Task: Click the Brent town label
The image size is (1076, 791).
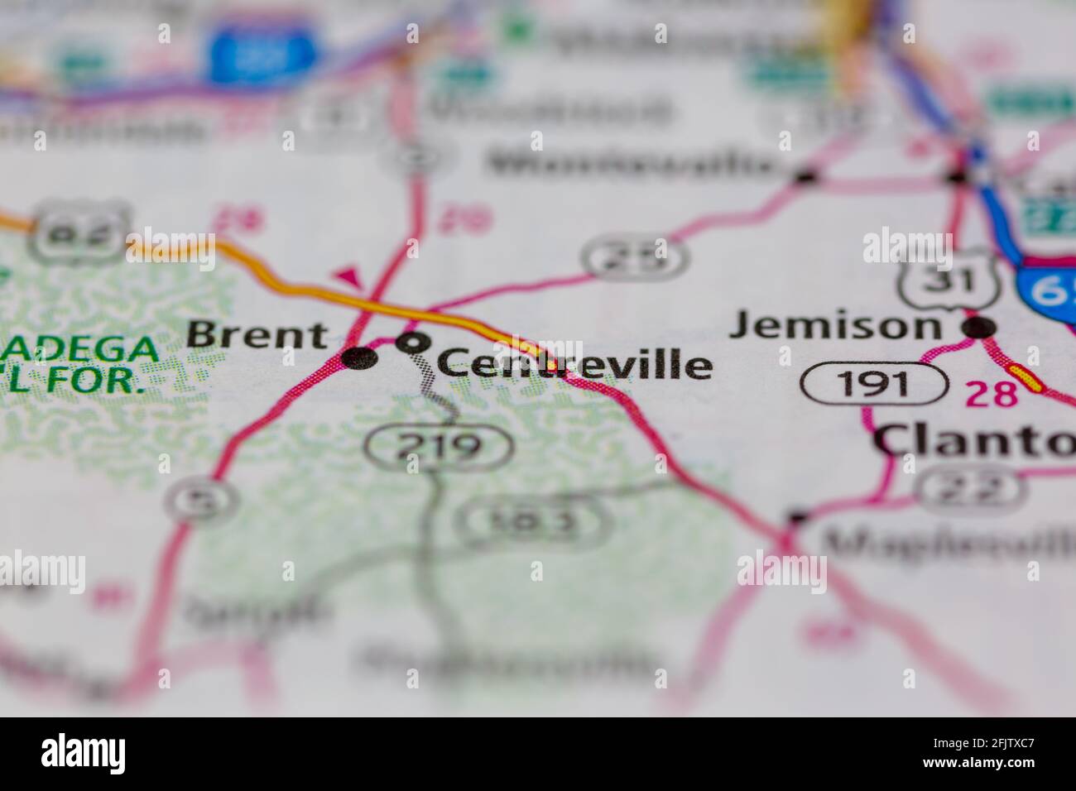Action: coord(257,335)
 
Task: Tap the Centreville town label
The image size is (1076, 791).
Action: coord(574,364)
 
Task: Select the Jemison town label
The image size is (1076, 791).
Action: coord(834,325)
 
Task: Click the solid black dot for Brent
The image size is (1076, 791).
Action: coord(359,358)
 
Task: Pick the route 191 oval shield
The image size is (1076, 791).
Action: coord(873,385)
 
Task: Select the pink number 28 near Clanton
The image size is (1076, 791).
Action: coord(992,393)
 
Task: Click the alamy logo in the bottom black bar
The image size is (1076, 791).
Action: coord(84,753)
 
